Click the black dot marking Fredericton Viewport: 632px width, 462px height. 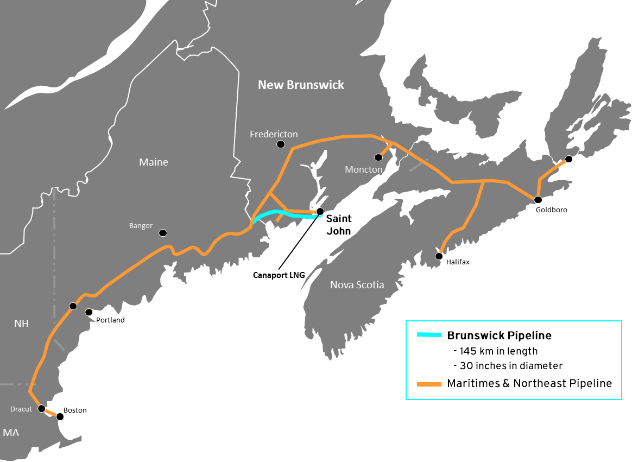point(281,144)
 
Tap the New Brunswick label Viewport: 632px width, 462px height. point(301,85)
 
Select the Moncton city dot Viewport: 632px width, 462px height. point(379,157)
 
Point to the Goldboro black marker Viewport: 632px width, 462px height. point(538,200)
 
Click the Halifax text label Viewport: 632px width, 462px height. point(457,262)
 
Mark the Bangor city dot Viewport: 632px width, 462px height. point(162,233)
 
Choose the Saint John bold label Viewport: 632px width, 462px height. point(338,224)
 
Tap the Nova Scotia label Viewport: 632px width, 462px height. point(357,285)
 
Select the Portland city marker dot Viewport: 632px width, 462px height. point(89,312)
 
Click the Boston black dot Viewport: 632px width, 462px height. point(60,417)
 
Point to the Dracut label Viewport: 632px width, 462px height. point(21,409)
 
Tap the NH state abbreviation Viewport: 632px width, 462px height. point(21,324)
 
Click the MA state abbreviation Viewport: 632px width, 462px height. point(11,433)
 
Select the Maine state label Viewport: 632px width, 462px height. point(154,162)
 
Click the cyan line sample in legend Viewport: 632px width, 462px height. point(428,335)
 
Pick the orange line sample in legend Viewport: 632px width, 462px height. point(428,384)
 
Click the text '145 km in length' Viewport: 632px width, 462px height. point(495,351)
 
